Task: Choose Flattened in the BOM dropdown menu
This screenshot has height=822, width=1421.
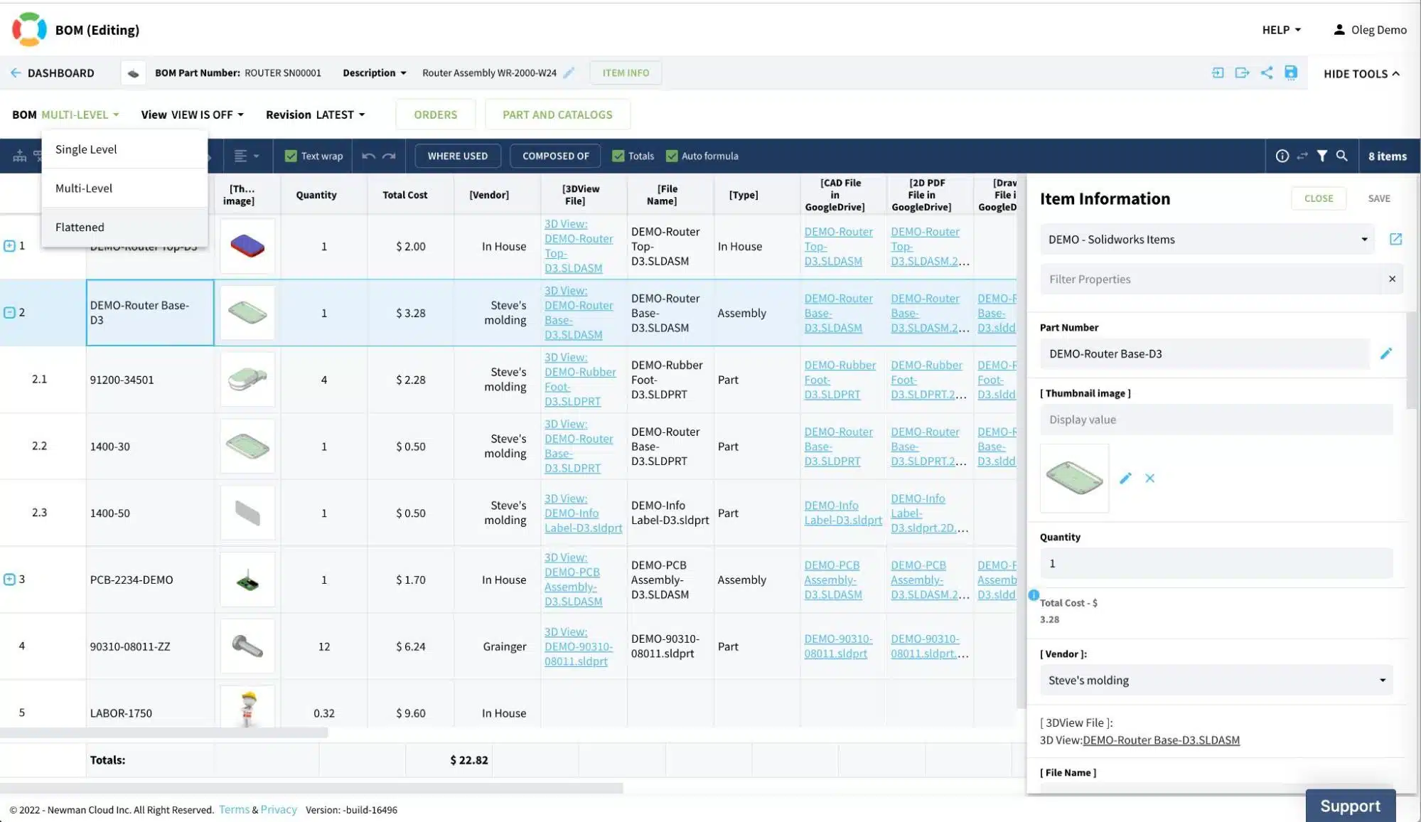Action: tap(80, 227)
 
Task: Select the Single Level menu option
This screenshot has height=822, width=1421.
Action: tap(86, 149)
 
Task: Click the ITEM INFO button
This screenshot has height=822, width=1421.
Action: tap(626, 73)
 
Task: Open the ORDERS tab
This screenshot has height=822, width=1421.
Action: tap(436, 114)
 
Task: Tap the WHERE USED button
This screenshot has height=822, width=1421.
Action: tap(458, 156)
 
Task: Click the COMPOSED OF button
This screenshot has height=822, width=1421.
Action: tap(556, 156)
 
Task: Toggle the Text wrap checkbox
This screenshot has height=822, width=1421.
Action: tap(291, 156)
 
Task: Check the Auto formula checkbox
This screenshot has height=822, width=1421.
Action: tap(672, 156)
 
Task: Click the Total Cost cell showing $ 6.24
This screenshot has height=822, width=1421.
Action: tap(411, 646)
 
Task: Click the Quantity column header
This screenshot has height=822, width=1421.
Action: tap(316, 195)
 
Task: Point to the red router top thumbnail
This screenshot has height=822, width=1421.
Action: tap(247, 246)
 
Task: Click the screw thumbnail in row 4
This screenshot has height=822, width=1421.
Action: tap(247, 646)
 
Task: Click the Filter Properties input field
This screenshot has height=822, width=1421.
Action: tap(1211, 279)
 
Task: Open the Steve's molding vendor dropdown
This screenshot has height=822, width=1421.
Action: tap(1216, 680)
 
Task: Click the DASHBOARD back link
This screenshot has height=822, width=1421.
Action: tap(53, 73)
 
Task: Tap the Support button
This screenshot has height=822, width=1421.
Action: tap(1350, 806)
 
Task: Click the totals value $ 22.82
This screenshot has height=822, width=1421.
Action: tap(469, 760)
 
